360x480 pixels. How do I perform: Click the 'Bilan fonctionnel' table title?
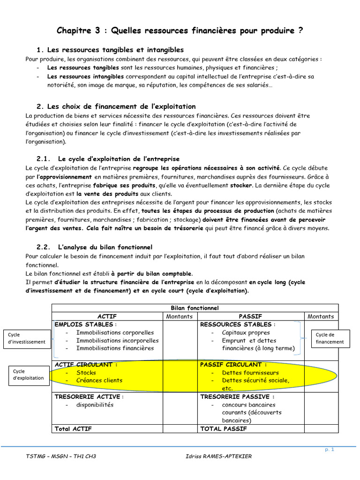coord(194,308)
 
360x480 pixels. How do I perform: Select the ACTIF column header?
coord(107,316)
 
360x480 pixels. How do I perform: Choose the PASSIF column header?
coord(250,316)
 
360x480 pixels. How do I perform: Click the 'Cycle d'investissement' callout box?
coord(27,338)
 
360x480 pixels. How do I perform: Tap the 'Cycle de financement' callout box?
coord(330,338)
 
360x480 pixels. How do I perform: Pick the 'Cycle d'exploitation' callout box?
coord(27,375)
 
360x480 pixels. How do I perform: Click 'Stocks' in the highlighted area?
coord(86,373)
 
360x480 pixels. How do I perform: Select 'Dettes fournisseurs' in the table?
coord(251,373)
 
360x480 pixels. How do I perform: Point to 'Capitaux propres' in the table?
coord(247,332)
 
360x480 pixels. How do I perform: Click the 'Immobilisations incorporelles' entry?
coord(117,340)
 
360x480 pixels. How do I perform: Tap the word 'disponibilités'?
coord(95,405)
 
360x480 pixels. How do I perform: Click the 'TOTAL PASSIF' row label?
coord(222,428)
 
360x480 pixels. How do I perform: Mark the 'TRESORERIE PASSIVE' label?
coord(237,397)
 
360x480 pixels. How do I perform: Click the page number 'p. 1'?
coord(329,450)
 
